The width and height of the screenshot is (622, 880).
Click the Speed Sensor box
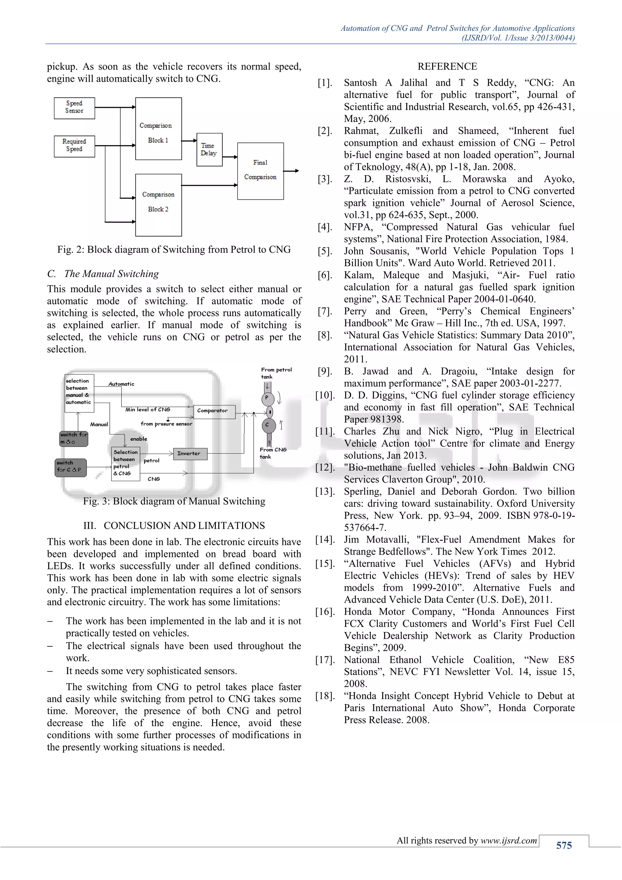pos(74,108)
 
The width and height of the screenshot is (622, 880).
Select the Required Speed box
pos(74,146)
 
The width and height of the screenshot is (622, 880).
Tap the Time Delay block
pos(209,150)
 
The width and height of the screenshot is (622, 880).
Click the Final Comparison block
pos(261,171)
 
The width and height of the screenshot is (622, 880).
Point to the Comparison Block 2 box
pos(158,205)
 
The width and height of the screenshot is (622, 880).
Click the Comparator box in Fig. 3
pos(214,411)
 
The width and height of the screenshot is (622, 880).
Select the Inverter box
pos(190,454)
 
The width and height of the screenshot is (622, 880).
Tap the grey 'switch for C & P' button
pos(70,468)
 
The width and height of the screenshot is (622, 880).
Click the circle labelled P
pos(267,398)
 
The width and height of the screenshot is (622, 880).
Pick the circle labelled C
pos(267,425)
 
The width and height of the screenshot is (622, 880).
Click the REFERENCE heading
pos(447,67)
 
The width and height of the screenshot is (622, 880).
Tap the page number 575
pos(564,845)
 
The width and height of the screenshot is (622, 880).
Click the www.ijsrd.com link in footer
pos(509,840)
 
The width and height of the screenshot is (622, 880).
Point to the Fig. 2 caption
pos(174,249)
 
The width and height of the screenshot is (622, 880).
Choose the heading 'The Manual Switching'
pos(111,274)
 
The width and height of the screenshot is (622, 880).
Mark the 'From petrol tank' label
pos(276,373)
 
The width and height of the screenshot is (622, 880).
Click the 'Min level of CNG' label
pos(148,409)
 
